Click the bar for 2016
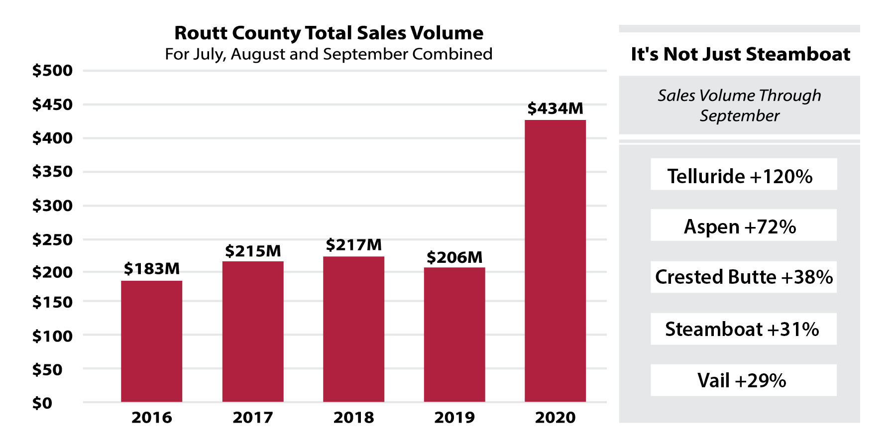pos(151,341)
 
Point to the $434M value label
pos(555,109)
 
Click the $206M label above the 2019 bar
pos(454,257)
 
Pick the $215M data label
pos(253,251)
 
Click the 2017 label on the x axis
pos(253,417)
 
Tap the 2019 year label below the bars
pos(454,417)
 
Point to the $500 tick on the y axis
pos(52,71)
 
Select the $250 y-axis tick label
pos(52,239)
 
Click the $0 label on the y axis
pos(42,403)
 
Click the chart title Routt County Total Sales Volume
pos(329,33)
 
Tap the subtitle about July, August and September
pos(329,54)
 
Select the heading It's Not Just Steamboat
pos(740,54)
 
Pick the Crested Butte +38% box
pos(743,277)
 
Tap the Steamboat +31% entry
pos(743,329)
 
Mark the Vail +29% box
pos(743,380)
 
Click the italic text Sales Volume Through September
pos(739,105)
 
